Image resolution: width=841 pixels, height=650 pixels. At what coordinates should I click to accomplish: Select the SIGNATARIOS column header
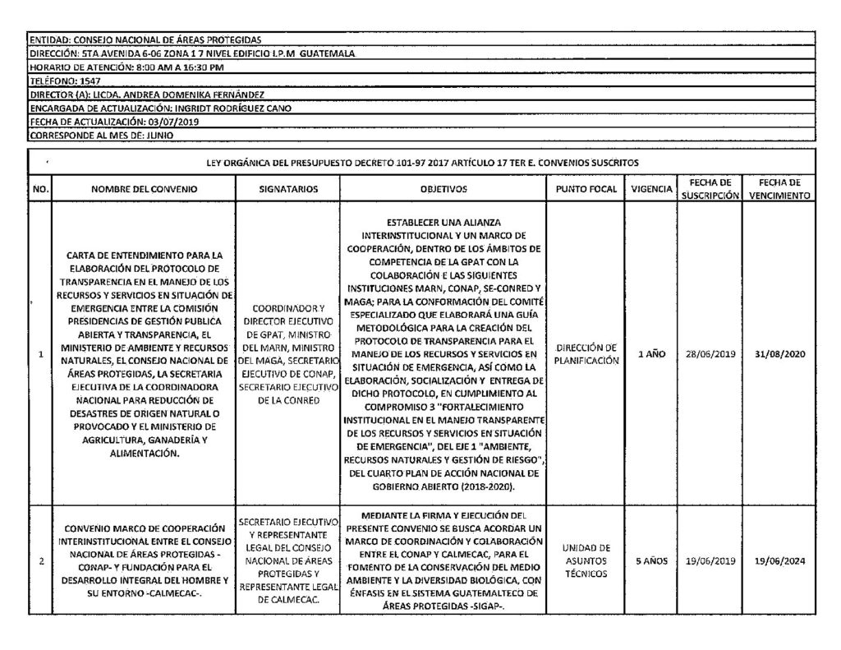pos(288,189)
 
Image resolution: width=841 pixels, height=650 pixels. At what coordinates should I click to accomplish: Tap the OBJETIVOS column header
pos(443,189)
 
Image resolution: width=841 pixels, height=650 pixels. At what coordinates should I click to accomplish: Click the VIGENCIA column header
pos(648,189)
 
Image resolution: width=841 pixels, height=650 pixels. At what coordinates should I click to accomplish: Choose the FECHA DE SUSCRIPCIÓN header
pos(709,189)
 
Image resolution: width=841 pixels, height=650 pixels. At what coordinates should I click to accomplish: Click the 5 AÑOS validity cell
pos(648,561)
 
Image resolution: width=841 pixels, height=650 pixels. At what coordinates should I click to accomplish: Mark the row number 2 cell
pos(40,561)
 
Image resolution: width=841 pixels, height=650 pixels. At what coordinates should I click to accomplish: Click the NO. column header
pos(40,189)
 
